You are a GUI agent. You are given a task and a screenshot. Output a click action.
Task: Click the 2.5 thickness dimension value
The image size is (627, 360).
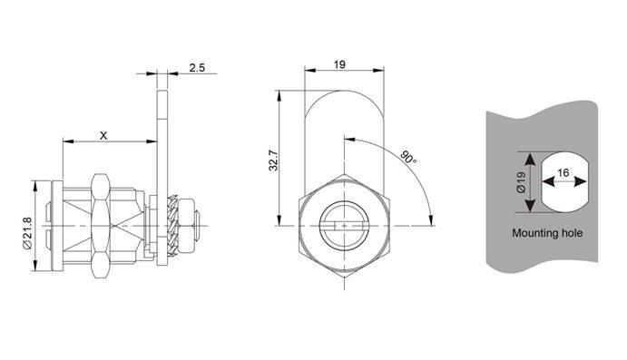197,67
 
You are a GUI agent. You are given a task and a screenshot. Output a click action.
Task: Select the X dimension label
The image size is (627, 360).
103,136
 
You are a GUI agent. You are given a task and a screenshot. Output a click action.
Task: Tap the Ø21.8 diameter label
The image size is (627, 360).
27,234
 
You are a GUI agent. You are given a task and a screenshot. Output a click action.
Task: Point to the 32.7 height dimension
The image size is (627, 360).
273,161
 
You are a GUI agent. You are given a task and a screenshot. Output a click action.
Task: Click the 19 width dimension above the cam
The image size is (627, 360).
339,64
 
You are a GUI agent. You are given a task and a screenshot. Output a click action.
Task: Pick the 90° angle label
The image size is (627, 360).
408,157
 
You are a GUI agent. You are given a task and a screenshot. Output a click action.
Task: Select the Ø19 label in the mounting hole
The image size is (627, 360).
521,182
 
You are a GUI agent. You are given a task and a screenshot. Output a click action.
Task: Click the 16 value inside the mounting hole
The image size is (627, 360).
563,173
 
